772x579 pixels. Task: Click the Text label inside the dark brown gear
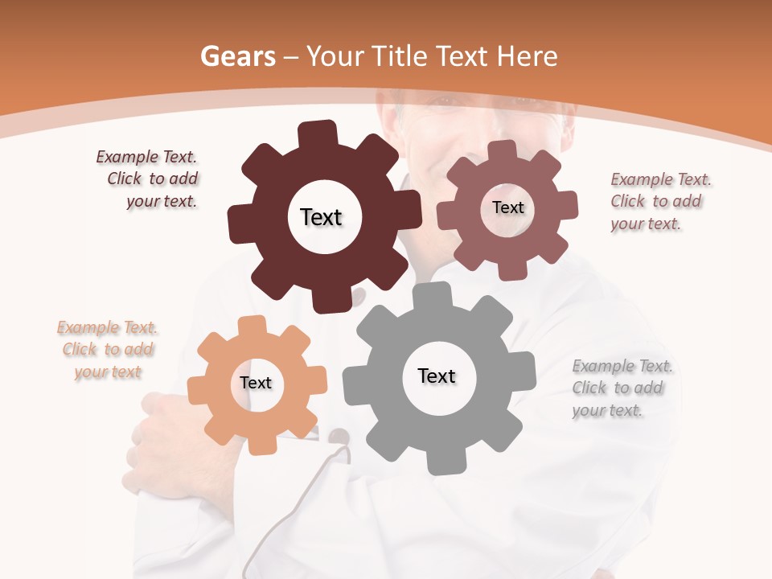tap(321, 217)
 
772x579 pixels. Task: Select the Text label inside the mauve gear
tap(507, 207)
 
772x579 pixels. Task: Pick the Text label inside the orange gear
tap(256, 383)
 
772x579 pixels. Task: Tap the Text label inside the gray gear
tap(437, 376)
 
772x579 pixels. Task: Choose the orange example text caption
tap(108, 349)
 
